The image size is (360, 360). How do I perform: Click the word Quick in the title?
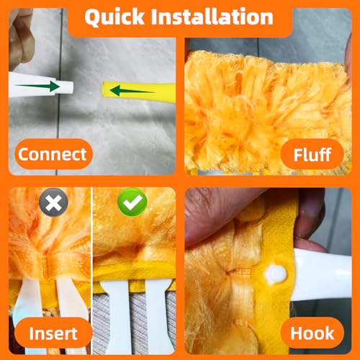coord(114,17)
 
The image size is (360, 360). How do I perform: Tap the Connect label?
coord(53,154)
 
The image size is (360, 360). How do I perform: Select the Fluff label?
coord(312,155)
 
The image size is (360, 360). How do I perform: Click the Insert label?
coord(53,333)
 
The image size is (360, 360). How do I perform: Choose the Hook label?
coord(312,333)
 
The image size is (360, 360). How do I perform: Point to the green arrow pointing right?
coord(37,86)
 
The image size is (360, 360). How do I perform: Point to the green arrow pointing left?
coord(132,91)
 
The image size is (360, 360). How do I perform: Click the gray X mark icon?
coord(53,202)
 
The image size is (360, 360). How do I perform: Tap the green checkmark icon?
coord(132,202)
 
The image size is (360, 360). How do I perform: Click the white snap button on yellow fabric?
coord(275,274)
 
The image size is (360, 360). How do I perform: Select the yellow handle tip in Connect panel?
coord(139,92)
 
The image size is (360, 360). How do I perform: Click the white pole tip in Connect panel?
coord(41,84)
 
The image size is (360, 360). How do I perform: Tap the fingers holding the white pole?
coord(21,38)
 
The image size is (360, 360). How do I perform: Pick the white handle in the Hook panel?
coord(323,275)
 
